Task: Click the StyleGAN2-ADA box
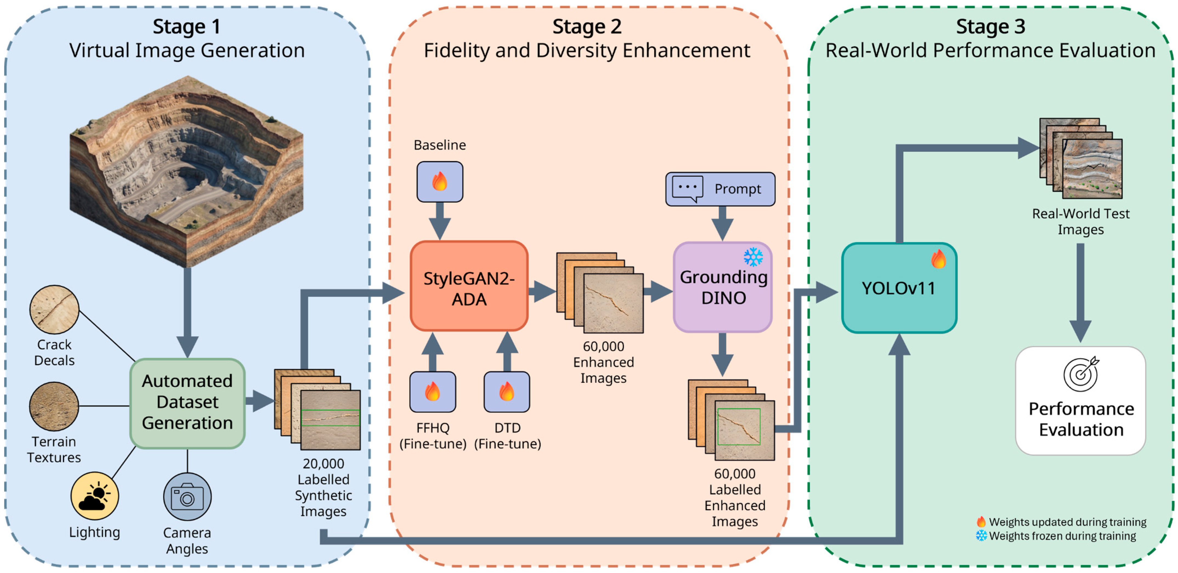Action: pos(469,286)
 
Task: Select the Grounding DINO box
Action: pos(723,287)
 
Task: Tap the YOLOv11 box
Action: pos(899,288)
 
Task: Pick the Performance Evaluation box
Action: pos(1081,401)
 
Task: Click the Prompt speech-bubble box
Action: pos(720,189)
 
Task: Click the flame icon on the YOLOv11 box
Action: pos(938,259)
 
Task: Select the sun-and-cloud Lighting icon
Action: pos(95,496)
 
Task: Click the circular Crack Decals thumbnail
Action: pos(54,309)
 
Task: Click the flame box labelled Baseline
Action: pos(440,181)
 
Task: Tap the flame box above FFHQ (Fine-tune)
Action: pos(433,392)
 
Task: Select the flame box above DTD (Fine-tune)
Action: pos(507,392)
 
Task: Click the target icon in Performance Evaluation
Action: pos(1081,374)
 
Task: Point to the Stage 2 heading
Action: pos(587,26)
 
